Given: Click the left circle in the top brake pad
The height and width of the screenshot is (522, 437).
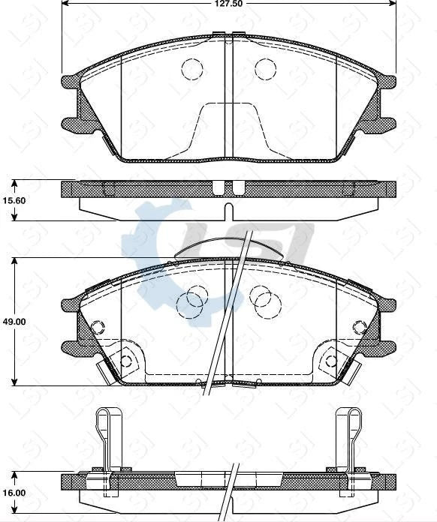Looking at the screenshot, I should coord(192,69).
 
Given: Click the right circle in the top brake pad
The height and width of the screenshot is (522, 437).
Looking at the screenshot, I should coord(265,69).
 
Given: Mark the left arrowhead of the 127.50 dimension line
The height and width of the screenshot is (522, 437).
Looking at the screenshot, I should coord(65,3).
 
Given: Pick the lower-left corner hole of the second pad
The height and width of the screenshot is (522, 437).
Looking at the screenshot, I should coord(127,361).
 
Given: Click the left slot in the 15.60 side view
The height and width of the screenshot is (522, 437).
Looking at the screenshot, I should coord(218,187).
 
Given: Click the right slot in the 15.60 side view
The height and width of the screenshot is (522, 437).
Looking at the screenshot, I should coord(238,187).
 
